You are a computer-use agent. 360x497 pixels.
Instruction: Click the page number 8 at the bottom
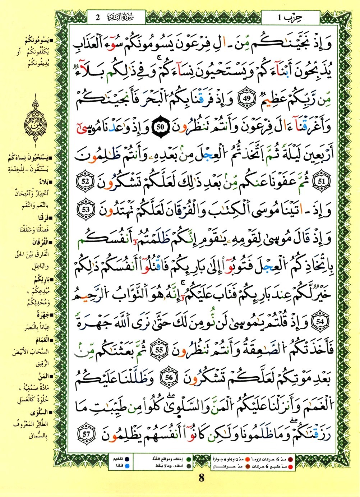(201, 478)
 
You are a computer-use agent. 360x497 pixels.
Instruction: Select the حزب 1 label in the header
(290, 17)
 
